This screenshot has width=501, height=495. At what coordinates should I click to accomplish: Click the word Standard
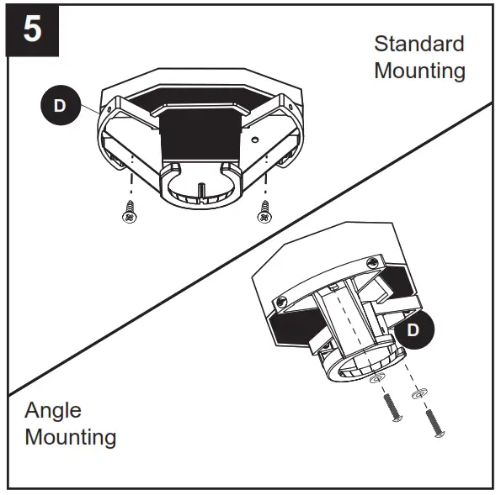(x=418, y=44)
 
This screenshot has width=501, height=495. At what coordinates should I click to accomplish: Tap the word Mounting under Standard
(x=419, y=71)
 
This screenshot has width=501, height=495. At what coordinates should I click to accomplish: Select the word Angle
(x=53, y=411)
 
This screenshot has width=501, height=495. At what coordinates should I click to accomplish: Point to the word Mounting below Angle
(x=70, y=438)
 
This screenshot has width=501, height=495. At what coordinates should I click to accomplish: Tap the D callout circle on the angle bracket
(x=412, y=329)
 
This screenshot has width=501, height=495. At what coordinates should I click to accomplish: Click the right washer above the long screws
(x=418, y=392)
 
